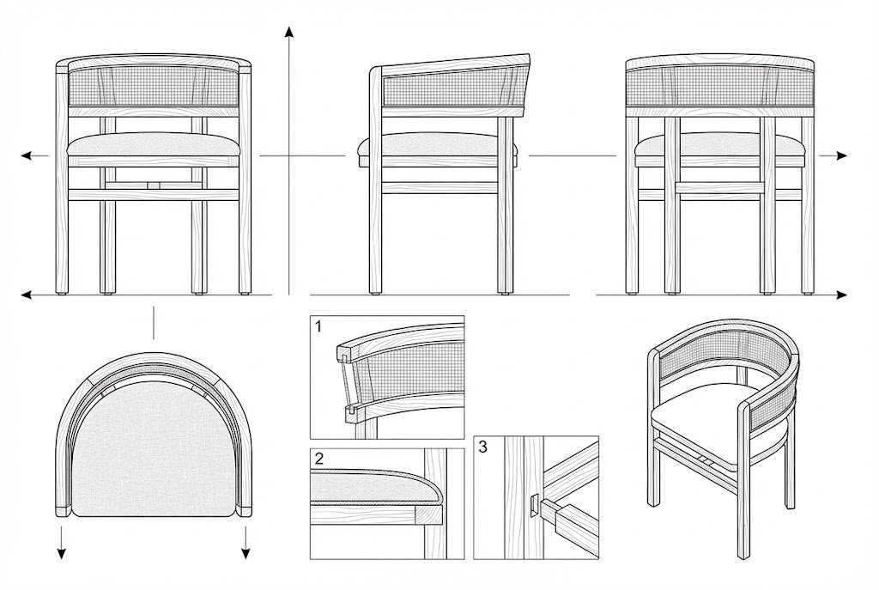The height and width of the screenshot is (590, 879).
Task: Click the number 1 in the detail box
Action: click(318, 326)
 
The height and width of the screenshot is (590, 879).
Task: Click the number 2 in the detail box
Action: click(319, 459)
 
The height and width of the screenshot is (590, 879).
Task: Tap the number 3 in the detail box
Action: click(482, 447)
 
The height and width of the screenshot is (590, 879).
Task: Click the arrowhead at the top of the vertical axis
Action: click(288, 32)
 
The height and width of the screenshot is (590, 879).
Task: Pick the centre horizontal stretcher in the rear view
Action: click(720, 188)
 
